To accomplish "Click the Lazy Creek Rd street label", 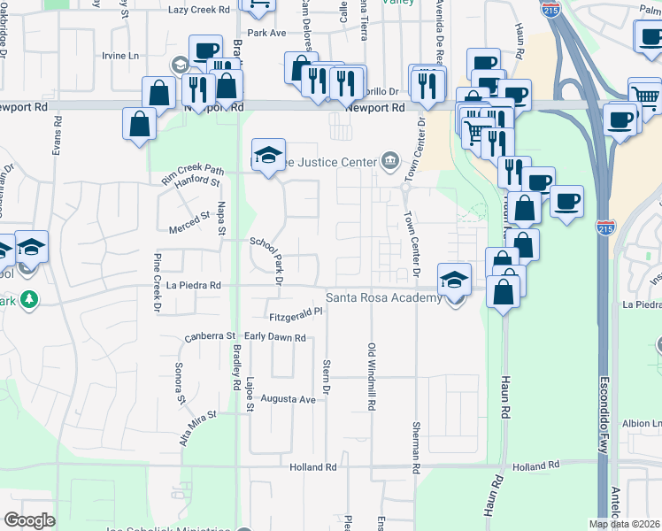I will click(x=196, y=10).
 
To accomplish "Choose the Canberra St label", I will click(x=210, y=336).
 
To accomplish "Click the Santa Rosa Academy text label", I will click(x=384, y=298).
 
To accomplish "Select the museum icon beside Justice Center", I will click(x=390, y=160).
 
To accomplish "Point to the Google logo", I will click(x=29, y=520).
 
